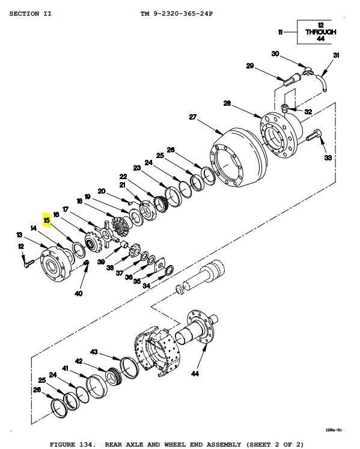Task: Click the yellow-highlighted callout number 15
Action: pos(47,220)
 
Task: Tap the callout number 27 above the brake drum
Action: pos(193,117)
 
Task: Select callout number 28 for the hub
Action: pos(227,103)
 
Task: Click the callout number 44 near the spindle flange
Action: pos(195,373)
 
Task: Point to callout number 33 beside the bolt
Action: pos(328,157)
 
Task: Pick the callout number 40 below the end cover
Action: pos(79,293)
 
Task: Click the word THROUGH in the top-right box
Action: pos(321,32)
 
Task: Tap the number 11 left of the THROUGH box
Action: pos(281,32)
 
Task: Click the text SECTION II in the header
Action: pos(31,13)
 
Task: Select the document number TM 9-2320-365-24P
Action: pos(177,13)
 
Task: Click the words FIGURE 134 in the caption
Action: pos(71,444)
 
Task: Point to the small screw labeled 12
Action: pos(29,263)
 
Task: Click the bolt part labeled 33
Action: pos(314,135)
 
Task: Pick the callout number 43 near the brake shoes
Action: pos(94,352)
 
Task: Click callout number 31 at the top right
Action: pos(336,55)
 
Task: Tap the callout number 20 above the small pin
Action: pos(102,191)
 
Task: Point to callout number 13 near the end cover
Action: pos(19,235)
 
